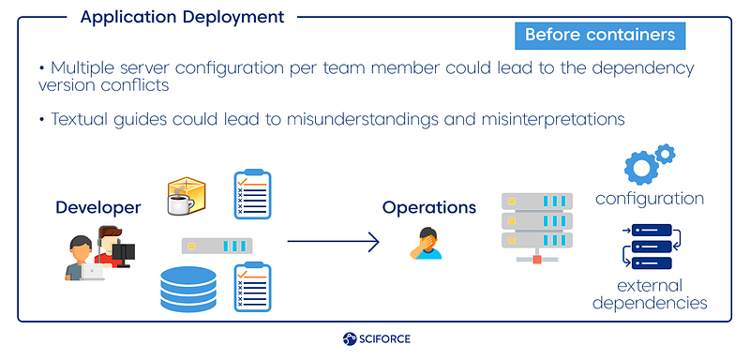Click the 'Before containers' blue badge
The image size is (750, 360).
600,36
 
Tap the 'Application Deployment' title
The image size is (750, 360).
182,17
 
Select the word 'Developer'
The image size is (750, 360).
98,207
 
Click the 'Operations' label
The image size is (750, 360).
429,207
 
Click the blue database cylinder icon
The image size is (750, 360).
188,290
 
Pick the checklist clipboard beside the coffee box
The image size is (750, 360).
252,194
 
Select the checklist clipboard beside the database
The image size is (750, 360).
252,287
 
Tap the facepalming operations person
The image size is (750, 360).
427,244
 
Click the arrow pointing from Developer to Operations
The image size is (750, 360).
333,242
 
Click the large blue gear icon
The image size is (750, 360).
641,168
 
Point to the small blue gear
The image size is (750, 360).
665,154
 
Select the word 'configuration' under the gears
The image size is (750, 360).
649,199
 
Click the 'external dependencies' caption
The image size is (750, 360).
650,294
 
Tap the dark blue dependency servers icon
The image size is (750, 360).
652,247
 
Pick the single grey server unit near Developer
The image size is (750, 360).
217,246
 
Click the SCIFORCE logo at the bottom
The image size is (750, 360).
377,339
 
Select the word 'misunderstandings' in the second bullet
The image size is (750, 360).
362,119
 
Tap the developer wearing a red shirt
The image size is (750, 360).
113,247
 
